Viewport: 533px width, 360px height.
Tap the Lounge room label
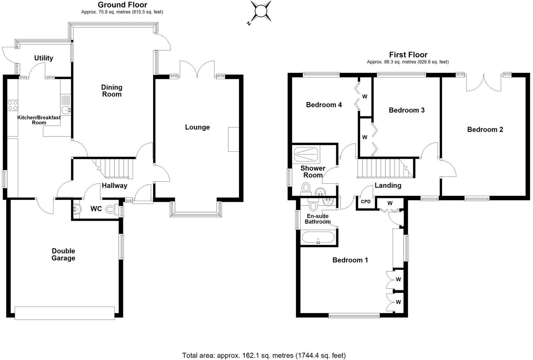click(x=197, y=127)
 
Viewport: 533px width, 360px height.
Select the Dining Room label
click(x=112, y=91)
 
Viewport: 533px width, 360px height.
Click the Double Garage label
click(x=63, y=254)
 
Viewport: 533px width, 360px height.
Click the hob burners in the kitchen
click(x=12, y=106)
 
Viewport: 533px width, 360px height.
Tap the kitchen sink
click(x=66, y=110)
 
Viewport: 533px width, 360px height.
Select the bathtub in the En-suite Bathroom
click(x=318, y=238)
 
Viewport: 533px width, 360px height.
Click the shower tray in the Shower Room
click(x=306, y=154)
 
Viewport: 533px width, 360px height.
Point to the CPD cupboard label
click(x=366, y=202)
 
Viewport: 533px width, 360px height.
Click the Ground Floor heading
click(x=122, y=5)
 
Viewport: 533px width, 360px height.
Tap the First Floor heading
click(x=408, y=55)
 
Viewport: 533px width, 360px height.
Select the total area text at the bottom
click(x=264, y=355)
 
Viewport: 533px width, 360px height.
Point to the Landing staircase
click(x=385, y=168)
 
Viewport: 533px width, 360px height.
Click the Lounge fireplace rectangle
click(x=233, y=139)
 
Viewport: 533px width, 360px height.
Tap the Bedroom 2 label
click(x=485, y=129)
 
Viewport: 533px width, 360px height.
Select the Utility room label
click(x=44, y=58)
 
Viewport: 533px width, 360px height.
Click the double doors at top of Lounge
click(x=197, y=69)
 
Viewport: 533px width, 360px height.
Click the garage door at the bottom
click(x=65, y=313)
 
